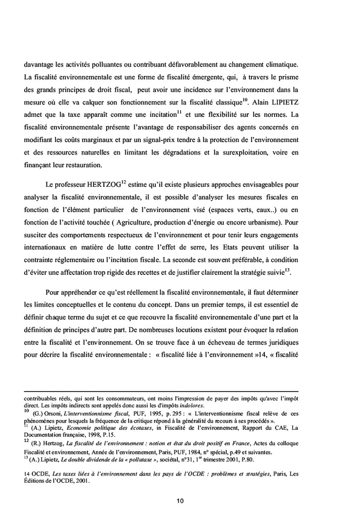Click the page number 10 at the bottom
(x=180, y=500)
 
